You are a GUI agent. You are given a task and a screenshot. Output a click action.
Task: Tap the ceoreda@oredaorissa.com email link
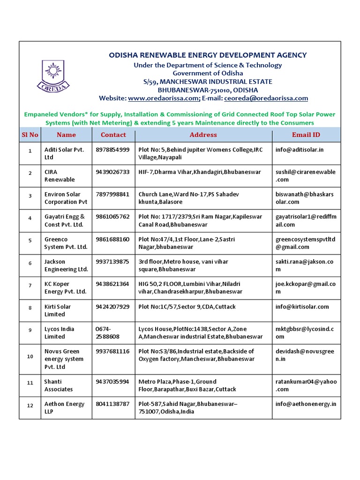pos(266,98)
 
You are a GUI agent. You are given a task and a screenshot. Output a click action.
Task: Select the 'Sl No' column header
pos(30,135)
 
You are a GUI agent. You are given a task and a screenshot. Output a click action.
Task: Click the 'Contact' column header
pos(113,135)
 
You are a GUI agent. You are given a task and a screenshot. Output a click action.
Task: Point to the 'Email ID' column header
pos(306,135)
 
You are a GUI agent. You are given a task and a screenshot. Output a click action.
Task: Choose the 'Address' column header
pos(203,135)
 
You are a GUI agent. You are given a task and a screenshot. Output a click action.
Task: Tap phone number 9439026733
pos(112,172)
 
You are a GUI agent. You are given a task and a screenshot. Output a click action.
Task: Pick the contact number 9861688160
pos(112,240)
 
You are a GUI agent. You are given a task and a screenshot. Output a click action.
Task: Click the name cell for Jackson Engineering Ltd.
pos(66,265)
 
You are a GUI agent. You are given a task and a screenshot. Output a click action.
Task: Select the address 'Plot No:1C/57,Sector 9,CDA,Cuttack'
pos(187,307)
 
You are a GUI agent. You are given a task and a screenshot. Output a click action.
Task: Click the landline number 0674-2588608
pos(107,333)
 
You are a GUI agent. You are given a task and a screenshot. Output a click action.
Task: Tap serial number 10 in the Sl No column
pos(30,357)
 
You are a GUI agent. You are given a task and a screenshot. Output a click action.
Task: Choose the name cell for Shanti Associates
pos(59,385)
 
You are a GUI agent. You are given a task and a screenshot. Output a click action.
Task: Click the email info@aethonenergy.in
pos(306,404)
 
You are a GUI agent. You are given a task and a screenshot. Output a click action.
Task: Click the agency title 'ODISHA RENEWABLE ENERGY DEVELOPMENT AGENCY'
pos(208,55)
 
